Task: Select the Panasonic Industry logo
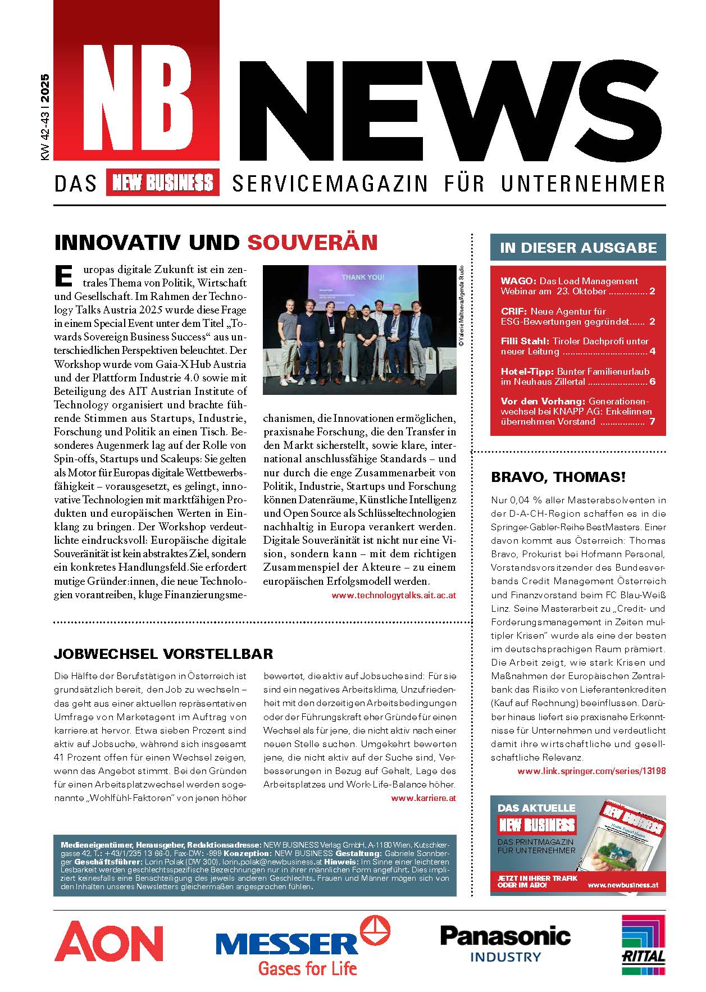point(505,944)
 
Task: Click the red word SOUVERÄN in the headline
point(312,243)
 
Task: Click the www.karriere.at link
point(423,798)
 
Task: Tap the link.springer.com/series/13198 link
point(591,771)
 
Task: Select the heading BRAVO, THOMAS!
point(558,477)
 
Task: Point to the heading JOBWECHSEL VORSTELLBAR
point(163,654)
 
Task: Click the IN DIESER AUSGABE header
point(578,248)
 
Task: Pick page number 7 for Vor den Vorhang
point(652,422)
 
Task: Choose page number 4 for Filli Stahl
point(652,352)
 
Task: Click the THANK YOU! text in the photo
point(363,277)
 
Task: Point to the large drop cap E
point(64,275)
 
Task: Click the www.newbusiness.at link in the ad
point(622,885)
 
